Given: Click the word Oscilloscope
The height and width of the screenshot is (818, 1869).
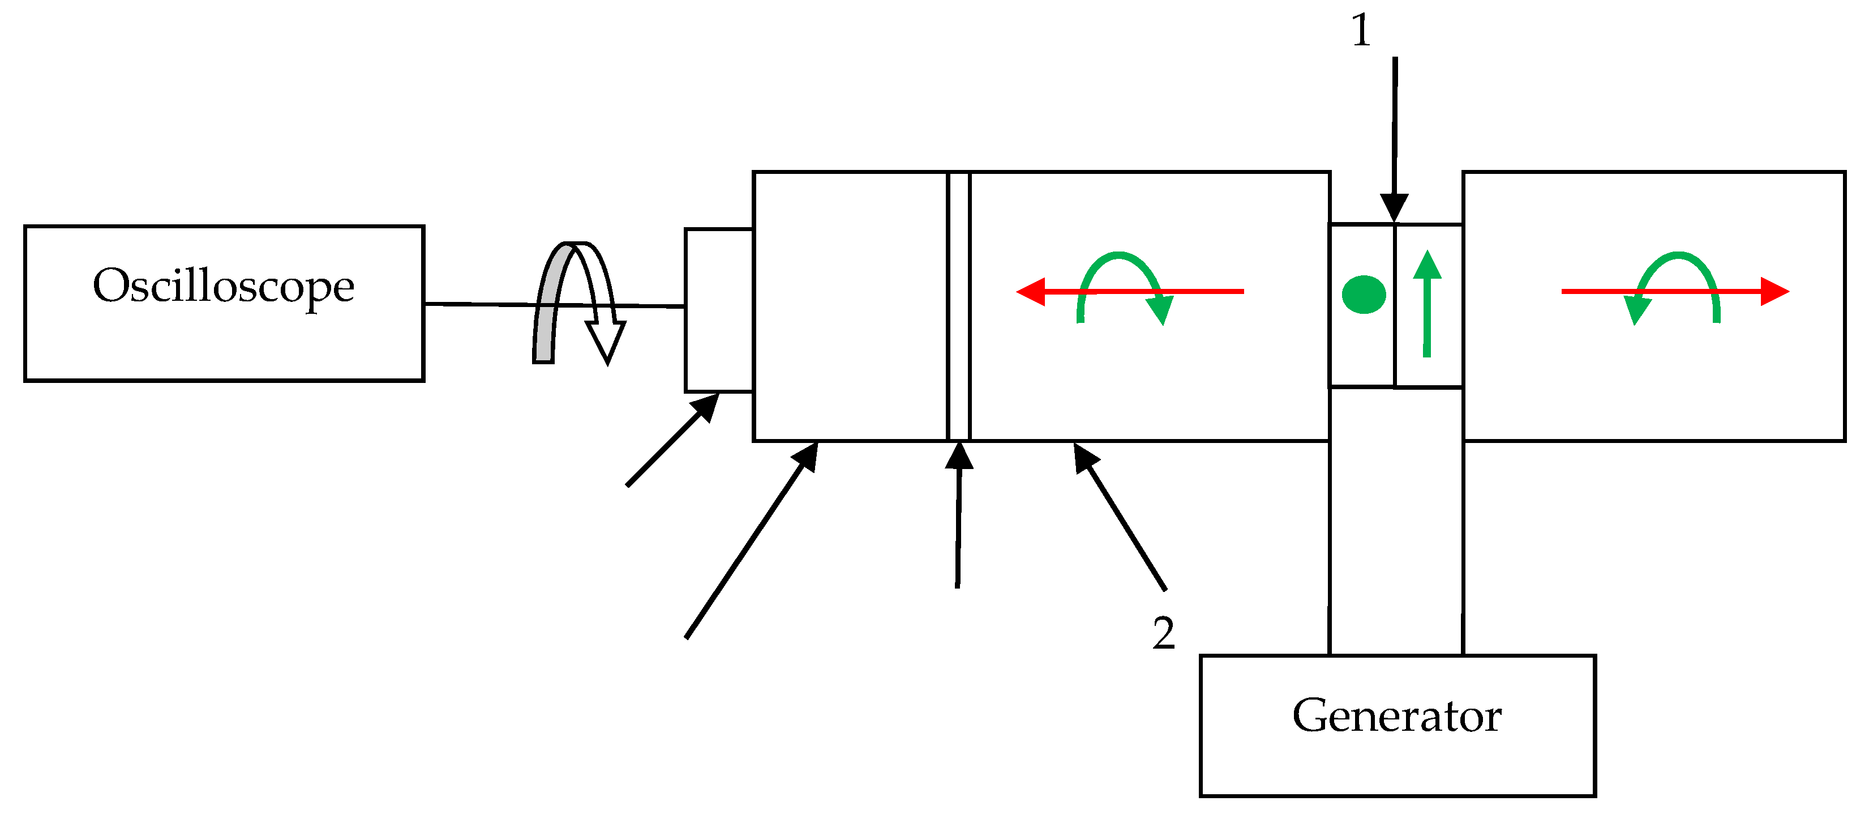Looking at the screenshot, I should [x=224, y=287].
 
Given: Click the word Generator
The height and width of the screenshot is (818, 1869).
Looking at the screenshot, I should [x=1397, y=717].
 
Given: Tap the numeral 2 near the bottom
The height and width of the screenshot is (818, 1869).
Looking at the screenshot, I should [x=1163, y=632].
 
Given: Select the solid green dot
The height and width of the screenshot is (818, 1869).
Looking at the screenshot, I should [x=1364, y=295].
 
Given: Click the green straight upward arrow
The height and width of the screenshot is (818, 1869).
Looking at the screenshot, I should [x=1427, y=305].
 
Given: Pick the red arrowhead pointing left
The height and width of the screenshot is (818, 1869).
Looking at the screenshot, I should [x=1030, y=292].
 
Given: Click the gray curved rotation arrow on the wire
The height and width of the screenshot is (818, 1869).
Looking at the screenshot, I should [x=546, y=312].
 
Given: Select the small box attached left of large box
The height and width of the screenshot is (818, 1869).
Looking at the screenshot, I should [x=719, y=310].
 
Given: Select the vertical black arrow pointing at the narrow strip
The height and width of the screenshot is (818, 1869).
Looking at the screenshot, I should [x=958, y=515].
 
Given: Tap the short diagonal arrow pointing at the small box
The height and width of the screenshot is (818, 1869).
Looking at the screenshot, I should [x=672, y=441].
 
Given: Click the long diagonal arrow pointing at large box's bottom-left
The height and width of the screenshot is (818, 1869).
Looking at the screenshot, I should [x=751, y=542].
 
